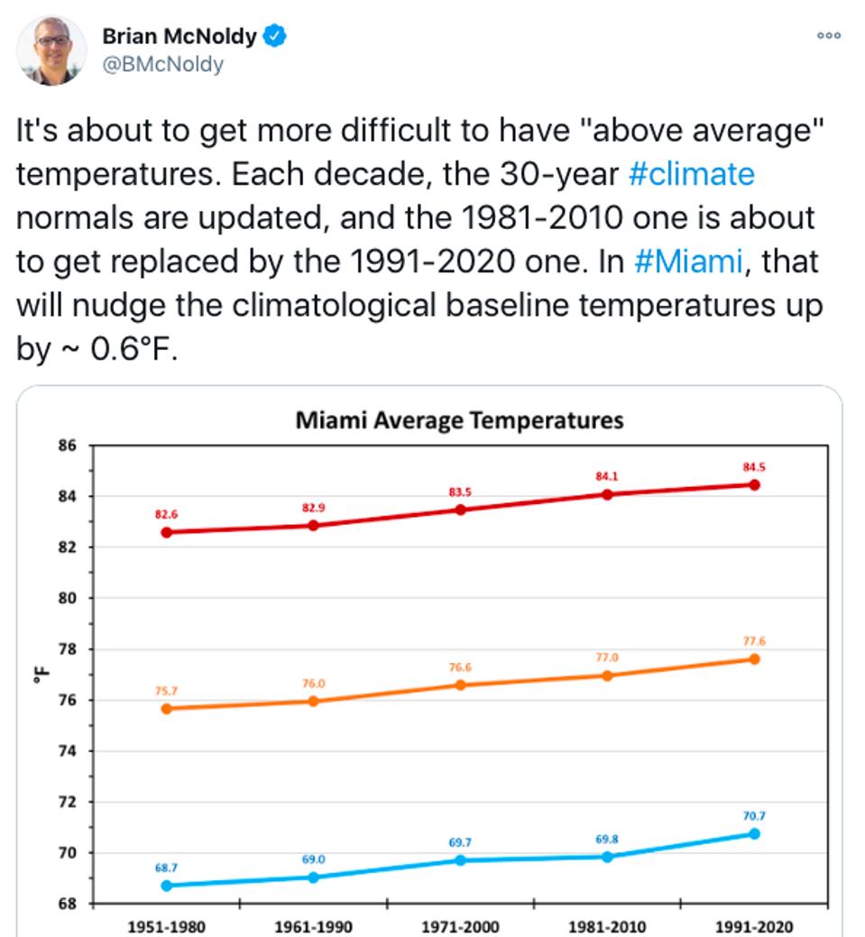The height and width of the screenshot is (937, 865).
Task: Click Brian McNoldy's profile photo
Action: coord(52,51)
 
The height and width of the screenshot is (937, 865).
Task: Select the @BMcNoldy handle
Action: coord(162,64)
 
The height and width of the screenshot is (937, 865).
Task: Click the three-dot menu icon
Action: coord(828,35)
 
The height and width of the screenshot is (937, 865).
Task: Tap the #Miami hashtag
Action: coord(688,262)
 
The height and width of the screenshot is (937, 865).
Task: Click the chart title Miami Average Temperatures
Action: coord(459,420)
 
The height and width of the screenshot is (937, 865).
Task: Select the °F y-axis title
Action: coord(39,675)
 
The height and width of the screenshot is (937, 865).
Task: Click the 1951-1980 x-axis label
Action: coord(166,925)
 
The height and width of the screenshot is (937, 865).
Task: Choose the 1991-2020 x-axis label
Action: coord(754,925)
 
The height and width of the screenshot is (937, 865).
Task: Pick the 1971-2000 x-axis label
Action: coord(460,925)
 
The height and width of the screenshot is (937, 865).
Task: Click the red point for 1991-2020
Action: coord(754,485)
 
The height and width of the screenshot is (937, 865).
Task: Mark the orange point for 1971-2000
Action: coord(460,684)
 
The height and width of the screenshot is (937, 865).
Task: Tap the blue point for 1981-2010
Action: coord(607,857)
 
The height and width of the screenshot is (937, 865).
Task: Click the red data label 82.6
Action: coord(166,514)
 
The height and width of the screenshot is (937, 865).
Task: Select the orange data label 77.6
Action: coord(754,641)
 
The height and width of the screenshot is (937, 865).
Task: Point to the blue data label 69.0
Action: coord(313,859)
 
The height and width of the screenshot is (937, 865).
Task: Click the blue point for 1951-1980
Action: coord(166,886)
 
